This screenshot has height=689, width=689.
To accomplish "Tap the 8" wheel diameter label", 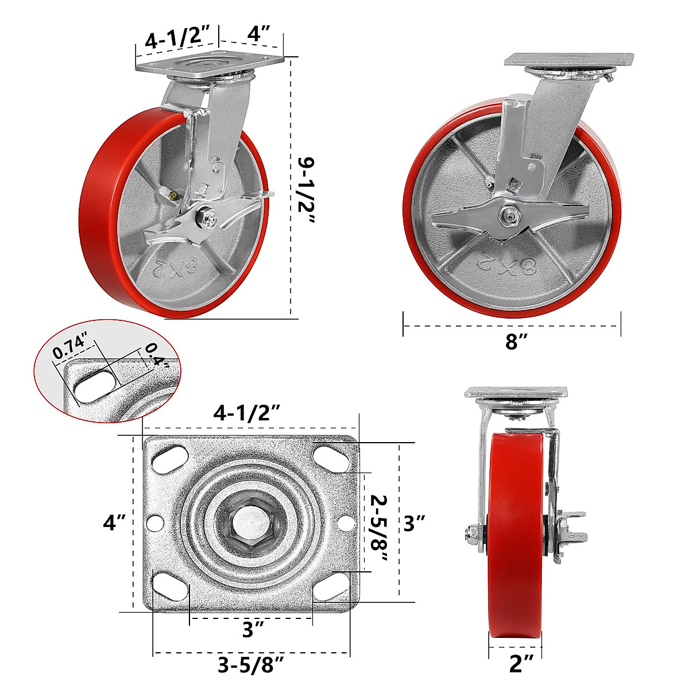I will coord(516,342).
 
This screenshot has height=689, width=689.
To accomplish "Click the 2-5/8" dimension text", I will coord(380,522).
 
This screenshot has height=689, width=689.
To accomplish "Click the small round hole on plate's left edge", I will coord(155,524).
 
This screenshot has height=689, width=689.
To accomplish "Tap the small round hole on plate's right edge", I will coord(345,524).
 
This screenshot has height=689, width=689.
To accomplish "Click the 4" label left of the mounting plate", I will coord(114,523).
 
